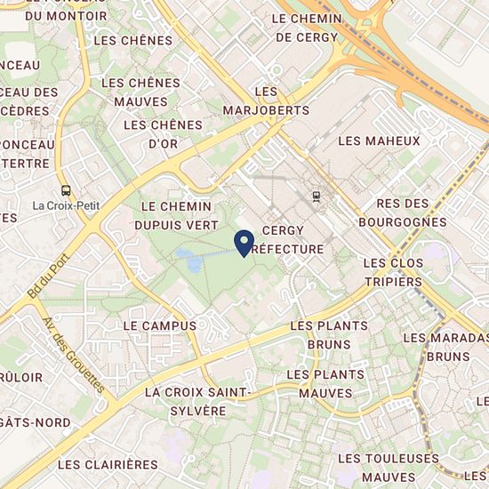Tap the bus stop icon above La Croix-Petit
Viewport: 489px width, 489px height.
tap(65, 189)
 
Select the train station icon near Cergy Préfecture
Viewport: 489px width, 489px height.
tap(316, 196)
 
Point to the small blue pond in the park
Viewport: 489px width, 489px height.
tap(188, 259)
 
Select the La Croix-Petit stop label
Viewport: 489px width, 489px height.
tap(65, 205)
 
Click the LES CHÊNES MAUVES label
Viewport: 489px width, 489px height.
tap(140, 92)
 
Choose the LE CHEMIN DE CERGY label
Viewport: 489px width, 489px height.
tap(306, 28)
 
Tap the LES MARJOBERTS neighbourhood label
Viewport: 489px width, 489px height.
tap(268, 101)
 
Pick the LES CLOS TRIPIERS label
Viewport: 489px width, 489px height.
tap(393, 272)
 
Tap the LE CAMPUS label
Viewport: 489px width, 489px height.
tap(159, 325)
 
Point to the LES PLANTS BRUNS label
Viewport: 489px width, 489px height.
tap(329, 334)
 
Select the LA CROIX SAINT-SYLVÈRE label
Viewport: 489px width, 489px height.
tap(198, 401)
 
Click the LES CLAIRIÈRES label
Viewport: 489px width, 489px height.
tap(108, 464)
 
